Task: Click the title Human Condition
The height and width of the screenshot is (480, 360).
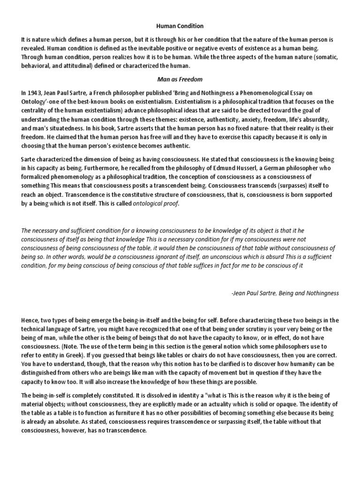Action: (x=180, y=26)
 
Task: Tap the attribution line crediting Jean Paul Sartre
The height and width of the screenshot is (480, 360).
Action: (x=285, y=292)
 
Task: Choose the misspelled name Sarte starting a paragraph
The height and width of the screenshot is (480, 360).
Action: (x=30, y=150)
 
